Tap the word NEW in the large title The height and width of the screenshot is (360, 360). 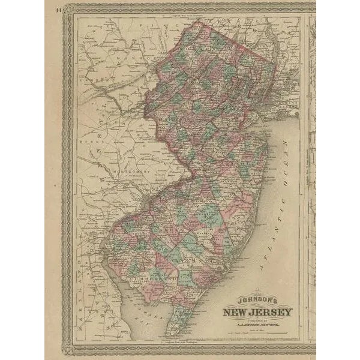[x=238, y=312]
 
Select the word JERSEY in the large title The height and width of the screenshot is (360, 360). [x=272, y=312]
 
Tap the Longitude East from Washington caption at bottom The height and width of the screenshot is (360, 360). [x=180, y=342]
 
